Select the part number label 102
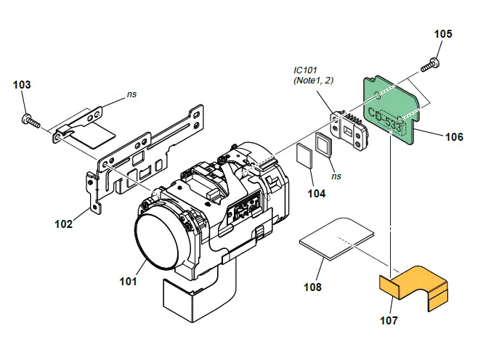point(64,224)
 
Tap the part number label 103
point(23,85)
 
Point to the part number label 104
point(316,194)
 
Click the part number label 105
point(442,34)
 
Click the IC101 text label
point(307,70)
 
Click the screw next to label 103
point(30,120)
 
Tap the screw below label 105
point(430,65)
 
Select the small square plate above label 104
point(304,154)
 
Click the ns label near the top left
point(131,94)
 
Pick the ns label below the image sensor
point(336,176)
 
